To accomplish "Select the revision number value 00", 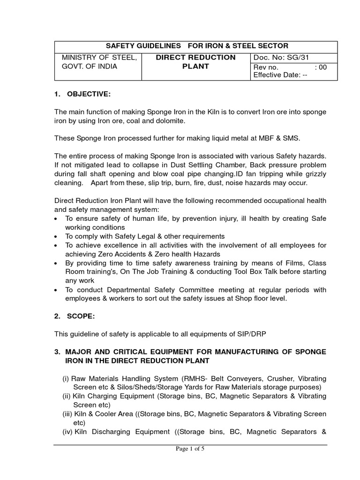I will click(x=322, y=67).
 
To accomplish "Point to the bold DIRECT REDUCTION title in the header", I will click(x=195, y=57).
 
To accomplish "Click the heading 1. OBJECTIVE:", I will click(x=82, y=94).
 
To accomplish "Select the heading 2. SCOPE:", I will click(x=74, y=316).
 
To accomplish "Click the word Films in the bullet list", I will click(x=295, y=263).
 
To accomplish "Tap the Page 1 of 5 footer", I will click(x=190, y=449).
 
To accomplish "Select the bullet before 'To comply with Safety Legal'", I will click(x=57, y=236).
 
